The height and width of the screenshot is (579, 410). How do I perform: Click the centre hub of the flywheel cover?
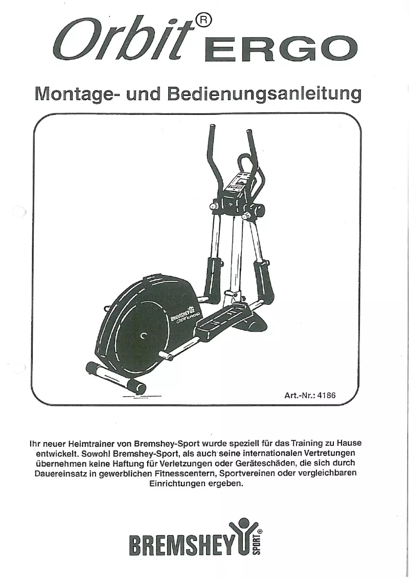pos(144,335)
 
